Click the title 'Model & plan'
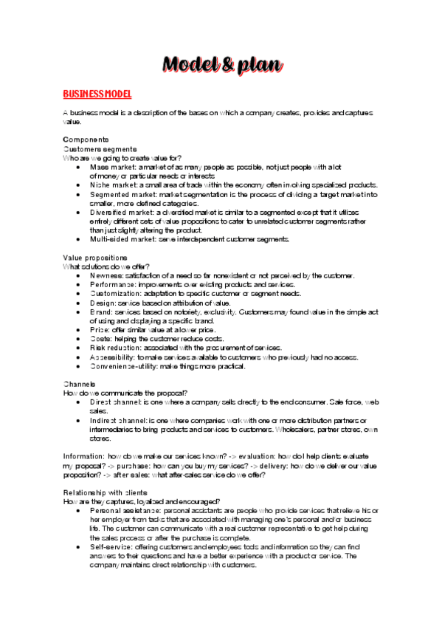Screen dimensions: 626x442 tap(222, 65)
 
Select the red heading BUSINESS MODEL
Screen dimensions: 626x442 tap(97, 94)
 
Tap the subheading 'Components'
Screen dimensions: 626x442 tap(86, 140)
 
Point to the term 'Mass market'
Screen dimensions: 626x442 tap(111, 167)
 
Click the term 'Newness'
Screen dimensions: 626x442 tap(105, 275)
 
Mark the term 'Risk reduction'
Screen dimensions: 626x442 tap(114, 348)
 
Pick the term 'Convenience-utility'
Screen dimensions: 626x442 tap(125, 366)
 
